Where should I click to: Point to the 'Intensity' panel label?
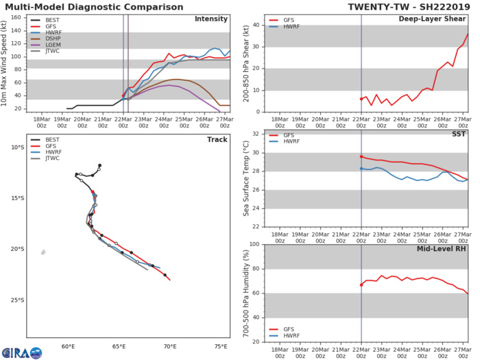tap(211, 19)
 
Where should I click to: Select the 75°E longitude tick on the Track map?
tap(221, 346)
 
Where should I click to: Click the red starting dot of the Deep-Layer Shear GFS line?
tap(361, 99)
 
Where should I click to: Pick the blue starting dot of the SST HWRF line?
tap(361, 169)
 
